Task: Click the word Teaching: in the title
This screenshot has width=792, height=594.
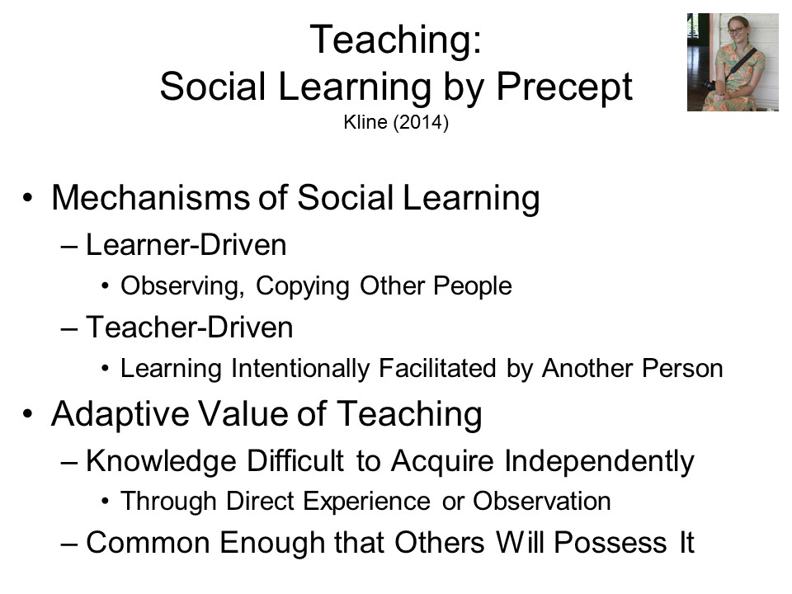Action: [x=396, y=40]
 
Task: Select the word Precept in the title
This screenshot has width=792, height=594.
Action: [x=564, y=88]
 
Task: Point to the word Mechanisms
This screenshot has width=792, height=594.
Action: [x=150, y=197]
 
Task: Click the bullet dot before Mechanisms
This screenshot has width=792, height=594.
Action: [x=28, y=197]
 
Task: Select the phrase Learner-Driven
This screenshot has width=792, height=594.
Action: [x=186, y=245]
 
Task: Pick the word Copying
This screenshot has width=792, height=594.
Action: [x=303, y=287]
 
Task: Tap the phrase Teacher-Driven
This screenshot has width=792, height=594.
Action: [x=190, y=328]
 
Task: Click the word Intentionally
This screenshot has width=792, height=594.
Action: [x=300, y=369]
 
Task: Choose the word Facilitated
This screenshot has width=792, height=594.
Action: [x=437, y=368]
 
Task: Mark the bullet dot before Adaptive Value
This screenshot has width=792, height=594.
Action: [x=28, y=413]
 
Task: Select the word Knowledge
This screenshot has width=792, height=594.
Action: [x=161, y=462]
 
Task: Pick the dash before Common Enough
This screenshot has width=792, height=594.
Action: [x=68, y=544]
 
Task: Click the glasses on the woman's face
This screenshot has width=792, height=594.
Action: [x=736, y=31]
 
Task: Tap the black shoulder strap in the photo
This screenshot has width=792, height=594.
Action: [x=741, y=64]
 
